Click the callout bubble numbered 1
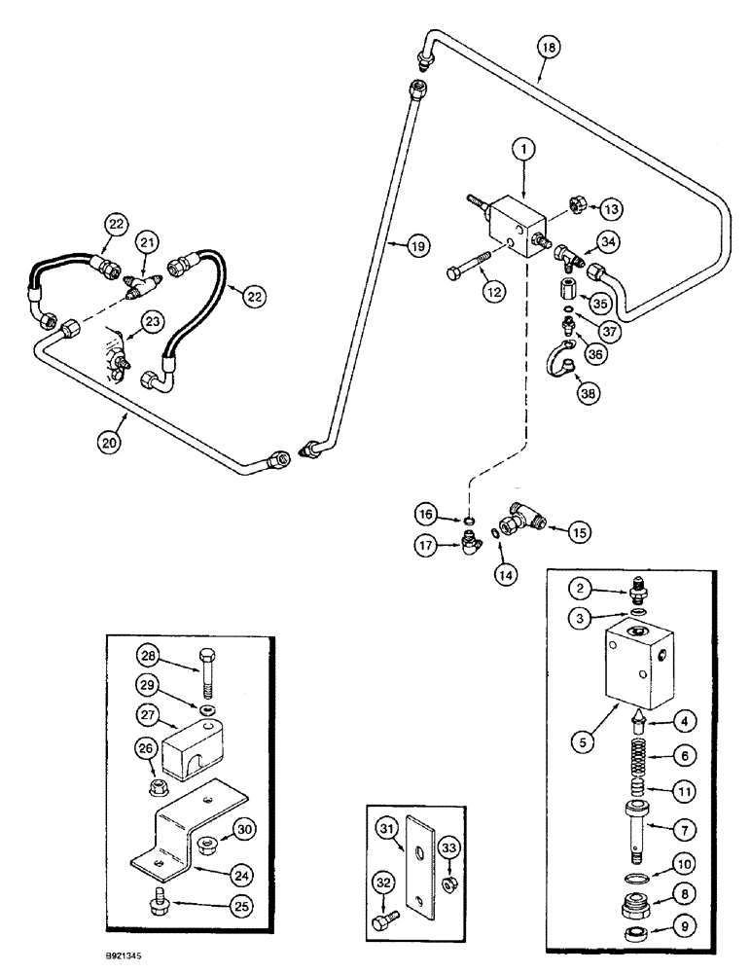(x=523, y=149)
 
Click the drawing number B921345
(x=138, y=955)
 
